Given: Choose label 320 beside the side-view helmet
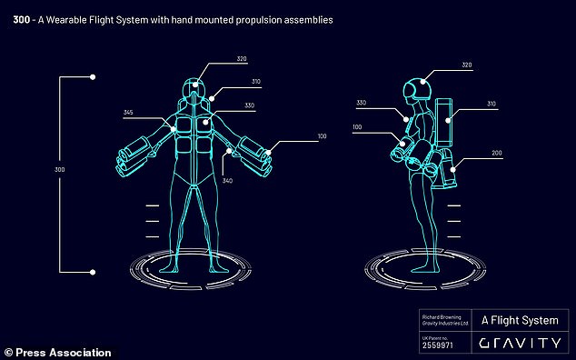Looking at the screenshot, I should pyautogui.click(x=466, y=66).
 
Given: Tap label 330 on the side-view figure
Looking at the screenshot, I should pyautogui.click(x=362, y=104).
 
